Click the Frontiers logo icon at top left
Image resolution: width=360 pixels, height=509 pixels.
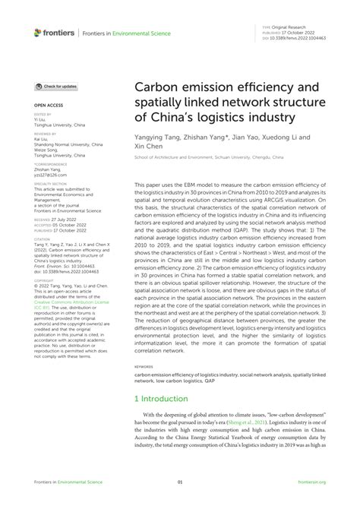point(38,33)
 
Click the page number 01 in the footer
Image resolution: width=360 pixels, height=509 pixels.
point(180,482)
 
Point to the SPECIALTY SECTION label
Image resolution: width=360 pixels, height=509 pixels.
point(49,182)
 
